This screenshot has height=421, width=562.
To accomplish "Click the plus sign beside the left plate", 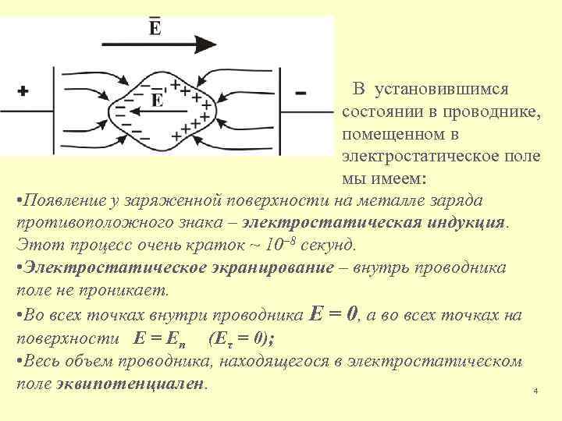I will pos(23,91).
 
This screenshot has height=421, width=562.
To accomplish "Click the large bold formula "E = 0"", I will pos(333,314).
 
